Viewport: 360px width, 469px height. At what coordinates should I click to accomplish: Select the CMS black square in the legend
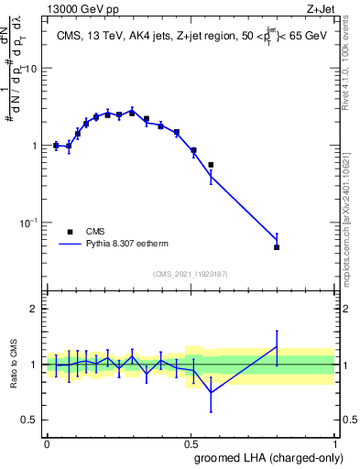(71, 233)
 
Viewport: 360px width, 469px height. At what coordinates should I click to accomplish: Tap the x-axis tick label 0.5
(190, 442)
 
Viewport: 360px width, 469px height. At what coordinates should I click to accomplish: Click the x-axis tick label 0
(47, 442)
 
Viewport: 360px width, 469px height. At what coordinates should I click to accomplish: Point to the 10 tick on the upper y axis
(30, 69)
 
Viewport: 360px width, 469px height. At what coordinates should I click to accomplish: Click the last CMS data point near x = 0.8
(277, 247)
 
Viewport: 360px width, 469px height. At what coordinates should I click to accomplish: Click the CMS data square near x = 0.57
(211, 165)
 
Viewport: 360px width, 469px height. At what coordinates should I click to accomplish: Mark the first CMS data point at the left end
(56, 145)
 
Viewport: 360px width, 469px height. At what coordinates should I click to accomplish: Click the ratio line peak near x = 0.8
(277, 346)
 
